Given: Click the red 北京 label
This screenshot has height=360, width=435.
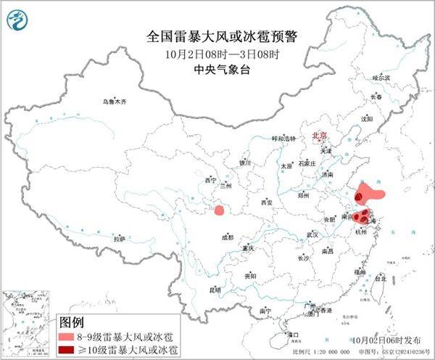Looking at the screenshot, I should pos(319,136).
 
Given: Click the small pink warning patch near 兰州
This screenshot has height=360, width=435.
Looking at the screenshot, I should pos(218,210).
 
